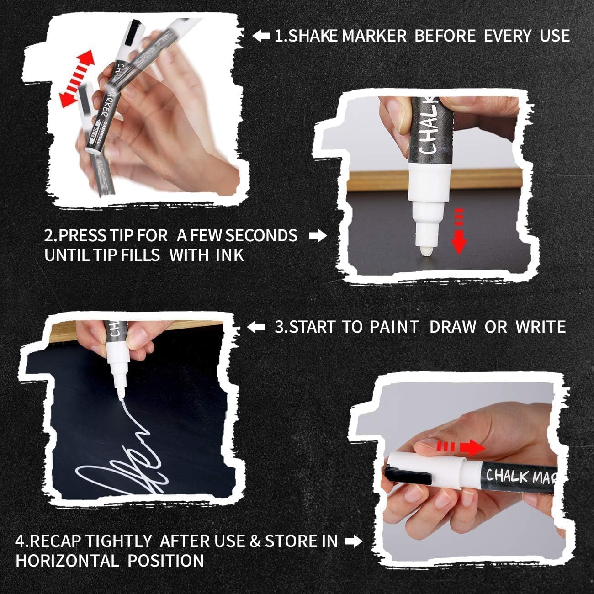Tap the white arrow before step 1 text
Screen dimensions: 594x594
[262, 36]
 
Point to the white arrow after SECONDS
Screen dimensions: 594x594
[318, 236]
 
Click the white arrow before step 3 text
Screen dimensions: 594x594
[256, 327]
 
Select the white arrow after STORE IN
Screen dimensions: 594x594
[353, 541]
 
